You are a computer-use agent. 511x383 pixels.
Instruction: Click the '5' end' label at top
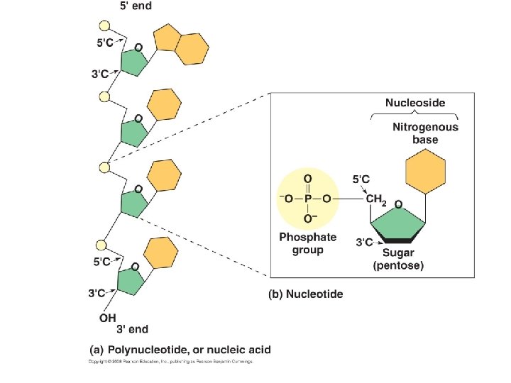tap(133, 6)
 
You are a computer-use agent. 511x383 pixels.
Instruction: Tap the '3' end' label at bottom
tap(133, 328)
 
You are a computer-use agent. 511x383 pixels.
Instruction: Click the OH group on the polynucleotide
tap(108, 316)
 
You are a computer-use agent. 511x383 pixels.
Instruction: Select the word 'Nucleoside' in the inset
tap(415, 103)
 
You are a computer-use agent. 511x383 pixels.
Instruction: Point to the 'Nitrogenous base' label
tap(425, 133)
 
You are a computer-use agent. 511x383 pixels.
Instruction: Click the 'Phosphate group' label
tap(307, 243)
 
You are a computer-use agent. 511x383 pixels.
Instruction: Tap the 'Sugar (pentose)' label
tap(398, 259)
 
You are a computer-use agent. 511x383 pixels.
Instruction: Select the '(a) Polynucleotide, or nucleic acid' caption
tap(180, 350)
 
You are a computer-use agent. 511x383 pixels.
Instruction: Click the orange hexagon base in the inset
tap(425, 173)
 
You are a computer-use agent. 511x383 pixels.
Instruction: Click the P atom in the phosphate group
tap(307, 200)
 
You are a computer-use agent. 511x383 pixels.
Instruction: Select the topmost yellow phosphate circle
tap(104, 27)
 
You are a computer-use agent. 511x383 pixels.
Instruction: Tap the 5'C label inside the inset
tap(363, 181)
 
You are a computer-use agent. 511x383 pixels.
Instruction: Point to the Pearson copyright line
tap(170, 361)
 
